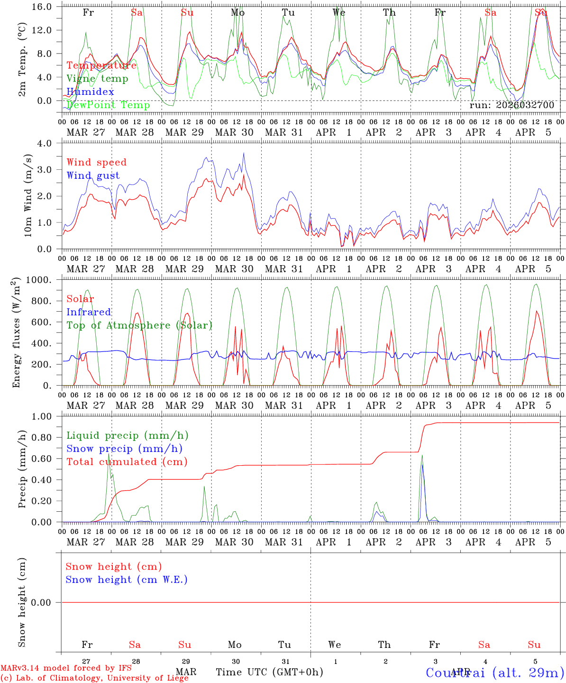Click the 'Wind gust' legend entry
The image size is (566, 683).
tap(93, 175)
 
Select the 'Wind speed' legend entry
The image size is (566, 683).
tap(96, 162)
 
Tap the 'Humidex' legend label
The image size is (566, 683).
tap(90, 92)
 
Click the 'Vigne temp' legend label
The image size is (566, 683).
tap(97, 78)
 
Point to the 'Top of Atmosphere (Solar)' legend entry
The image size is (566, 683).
tap(139, 325)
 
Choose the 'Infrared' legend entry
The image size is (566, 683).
tap(89, 312)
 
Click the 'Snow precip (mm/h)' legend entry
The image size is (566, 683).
tap(124, 448)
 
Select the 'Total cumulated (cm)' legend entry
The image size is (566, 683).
tap(127, 461)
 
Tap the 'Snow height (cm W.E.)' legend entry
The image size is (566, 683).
tap(126, 579)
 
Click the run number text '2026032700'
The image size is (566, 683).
tap(525, 105)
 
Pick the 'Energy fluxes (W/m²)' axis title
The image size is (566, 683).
tap(17, 332)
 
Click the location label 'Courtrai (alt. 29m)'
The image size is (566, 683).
tap(494, 672)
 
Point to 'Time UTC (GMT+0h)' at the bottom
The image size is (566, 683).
tap(269, 672)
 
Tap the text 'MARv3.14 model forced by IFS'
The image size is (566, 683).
tap(66, 668)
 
